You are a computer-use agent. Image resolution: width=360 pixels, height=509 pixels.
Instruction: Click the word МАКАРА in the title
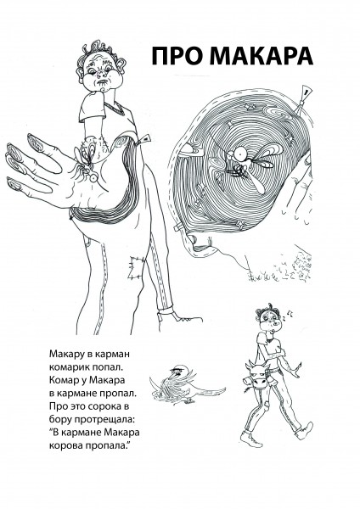[x=261, y=56]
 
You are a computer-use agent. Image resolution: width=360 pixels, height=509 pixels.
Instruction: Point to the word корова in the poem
[x=66, y=445]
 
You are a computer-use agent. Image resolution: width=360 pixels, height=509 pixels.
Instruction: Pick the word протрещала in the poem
[x=104, y=419]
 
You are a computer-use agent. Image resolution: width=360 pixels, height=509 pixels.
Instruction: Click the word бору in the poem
[x=61, y=419]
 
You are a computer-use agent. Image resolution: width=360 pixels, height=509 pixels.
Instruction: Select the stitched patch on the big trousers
[x=137, y=267]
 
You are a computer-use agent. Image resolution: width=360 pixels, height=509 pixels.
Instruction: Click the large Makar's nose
[x=102, y=76]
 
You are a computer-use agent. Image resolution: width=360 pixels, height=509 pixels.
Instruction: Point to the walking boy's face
[x=270, y=321]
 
